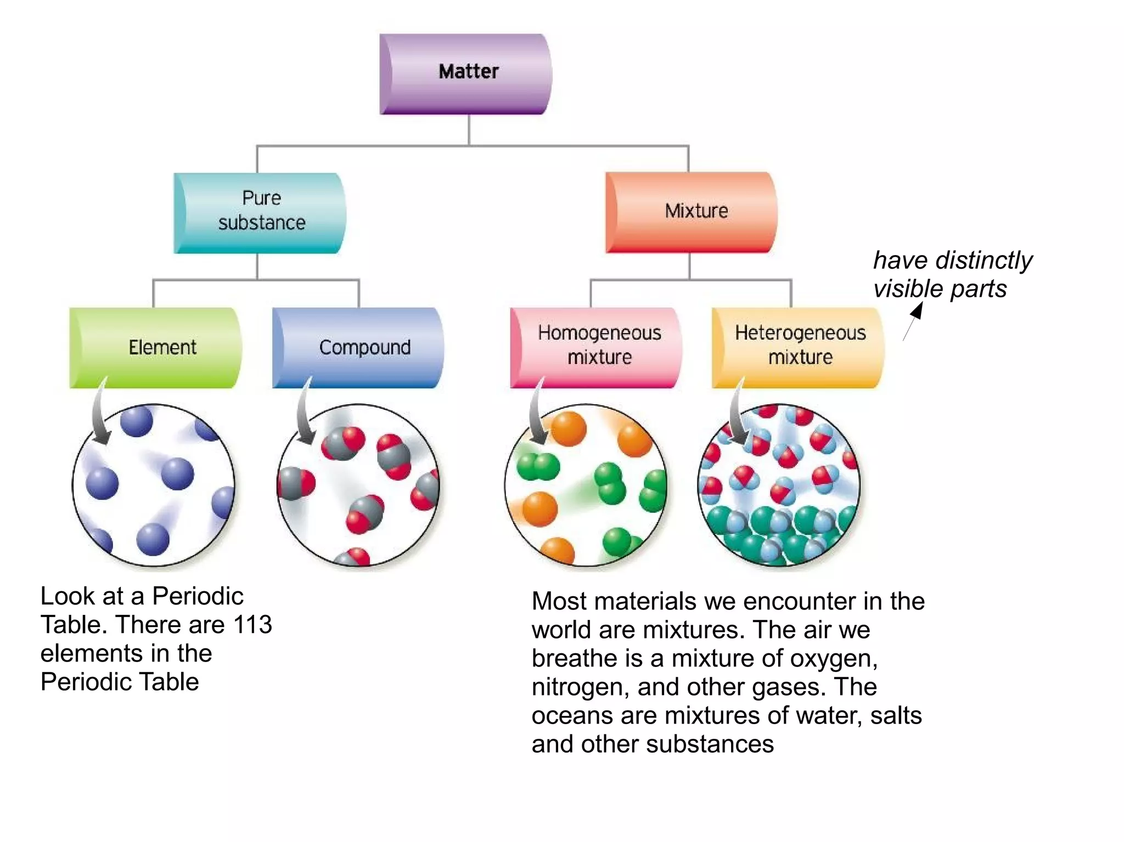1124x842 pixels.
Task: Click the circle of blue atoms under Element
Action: (154, 485)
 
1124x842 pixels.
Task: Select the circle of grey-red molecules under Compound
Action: (358, 485)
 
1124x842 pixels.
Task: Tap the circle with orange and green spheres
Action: (586, 485)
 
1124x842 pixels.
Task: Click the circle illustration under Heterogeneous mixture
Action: (779, 485)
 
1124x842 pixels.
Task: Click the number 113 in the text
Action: (252, 625)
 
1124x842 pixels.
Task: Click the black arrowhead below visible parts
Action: (917, 311)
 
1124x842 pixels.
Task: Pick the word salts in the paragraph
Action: (896, 716)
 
